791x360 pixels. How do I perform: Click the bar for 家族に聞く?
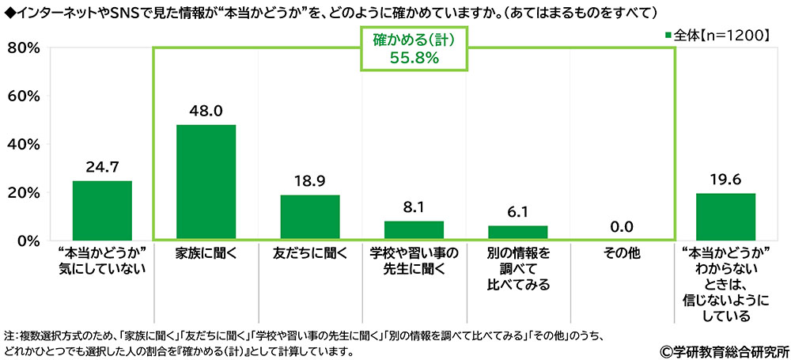pos(206,182)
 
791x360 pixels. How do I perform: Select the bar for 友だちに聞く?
pos(309,217)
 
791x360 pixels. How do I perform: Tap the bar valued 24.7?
pos(102,210)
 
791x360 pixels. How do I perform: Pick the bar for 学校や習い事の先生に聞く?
pos(414,230)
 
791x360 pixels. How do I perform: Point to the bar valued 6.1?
pos(517,233)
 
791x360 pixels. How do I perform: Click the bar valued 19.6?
pos(725,216)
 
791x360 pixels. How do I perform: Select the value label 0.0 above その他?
pos(621,227)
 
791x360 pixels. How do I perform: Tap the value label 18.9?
pos(309,182)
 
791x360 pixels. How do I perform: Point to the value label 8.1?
pos(414,208)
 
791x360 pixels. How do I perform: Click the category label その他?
pos(621,255)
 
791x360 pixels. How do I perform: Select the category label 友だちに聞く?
pos(309,255)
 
